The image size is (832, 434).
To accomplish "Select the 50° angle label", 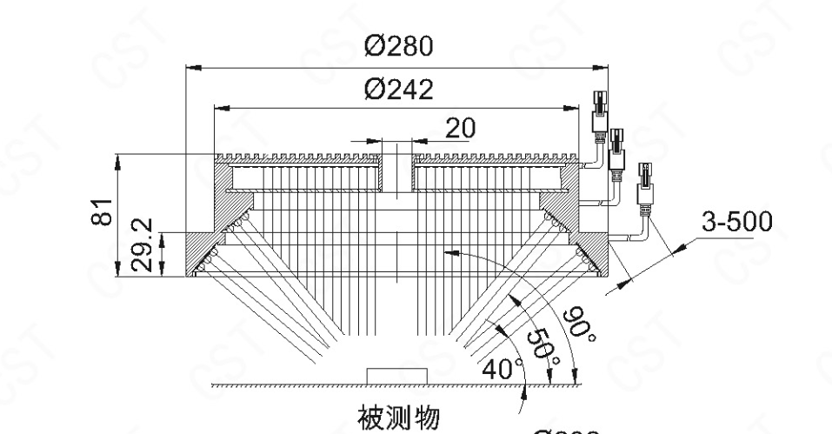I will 544,344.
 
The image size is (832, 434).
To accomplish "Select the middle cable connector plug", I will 618,147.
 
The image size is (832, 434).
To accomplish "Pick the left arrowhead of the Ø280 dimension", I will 192,66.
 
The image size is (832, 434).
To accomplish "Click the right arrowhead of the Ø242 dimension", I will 576,107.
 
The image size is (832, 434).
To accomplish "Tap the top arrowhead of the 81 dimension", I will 117,159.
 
